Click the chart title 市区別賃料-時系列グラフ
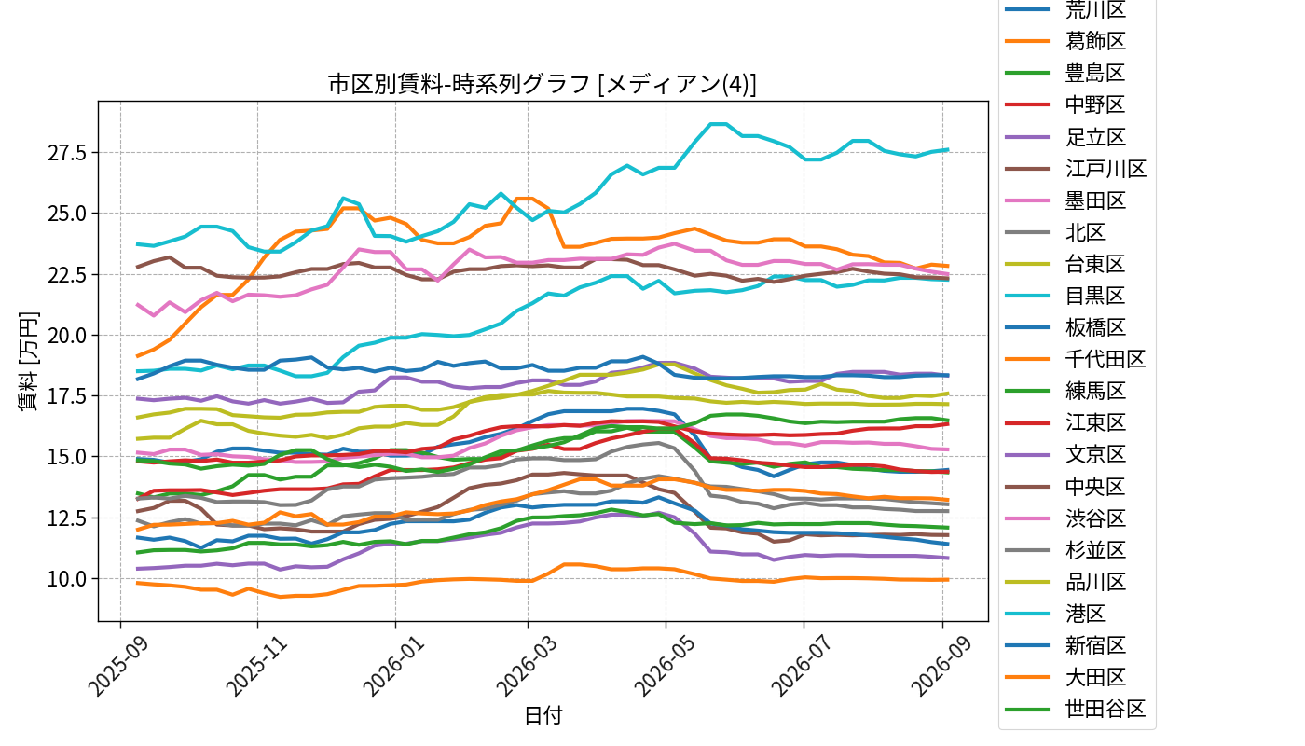click(460, 85)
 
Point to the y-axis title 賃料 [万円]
click(28, 362)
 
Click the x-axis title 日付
click(543, 715)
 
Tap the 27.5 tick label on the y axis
click(67, 153)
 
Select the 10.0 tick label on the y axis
click(67, 579)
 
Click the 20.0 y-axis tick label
click(67, 335)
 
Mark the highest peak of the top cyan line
click(718, 123)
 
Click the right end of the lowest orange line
click(948, 579)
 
